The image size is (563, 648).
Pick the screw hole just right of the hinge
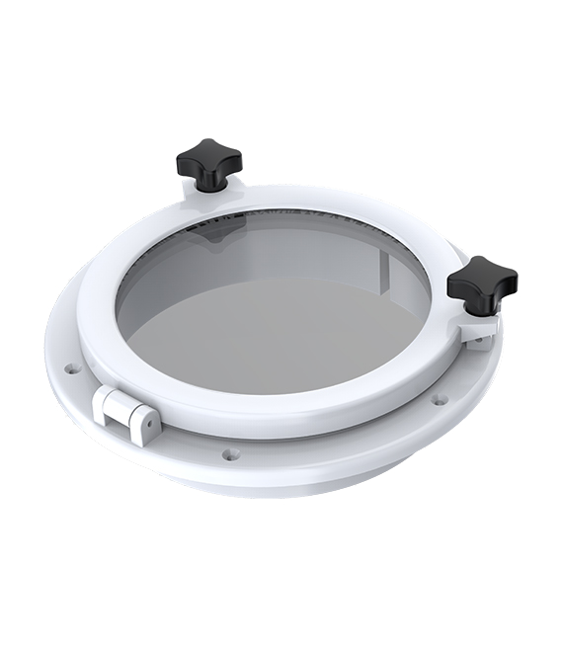coord(230,454)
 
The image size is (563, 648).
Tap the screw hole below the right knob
coord(440,400)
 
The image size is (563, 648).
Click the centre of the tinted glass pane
coord(274,306)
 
